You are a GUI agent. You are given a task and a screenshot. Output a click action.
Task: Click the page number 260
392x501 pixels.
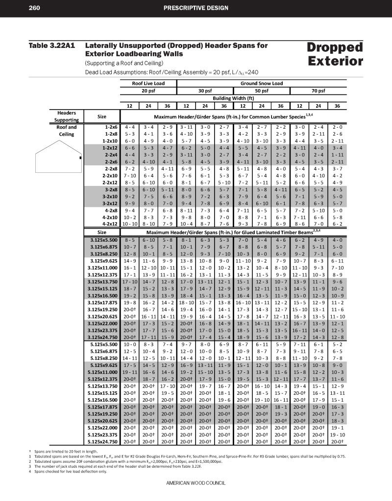[34, 7]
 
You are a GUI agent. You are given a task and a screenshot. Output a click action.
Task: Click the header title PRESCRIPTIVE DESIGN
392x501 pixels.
[196, 7]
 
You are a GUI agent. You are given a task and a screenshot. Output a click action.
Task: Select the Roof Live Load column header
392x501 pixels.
[148, 84]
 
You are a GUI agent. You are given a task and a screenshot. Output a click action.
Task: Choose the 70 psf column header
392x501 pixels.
[318, 91]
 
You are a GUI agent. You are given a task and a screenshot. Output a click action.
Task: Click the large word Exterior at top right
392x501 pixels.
[336, 61]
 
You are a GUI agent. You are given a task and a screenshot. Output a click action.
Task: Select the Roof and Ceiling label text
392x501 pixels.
[67, 131]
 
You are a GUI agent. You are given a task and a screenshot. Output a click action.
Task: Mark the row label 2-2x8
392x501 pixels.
[109, 168]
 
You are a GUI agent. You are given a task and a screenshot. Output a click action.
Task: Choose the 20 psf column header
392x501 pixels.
[148, 91]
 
